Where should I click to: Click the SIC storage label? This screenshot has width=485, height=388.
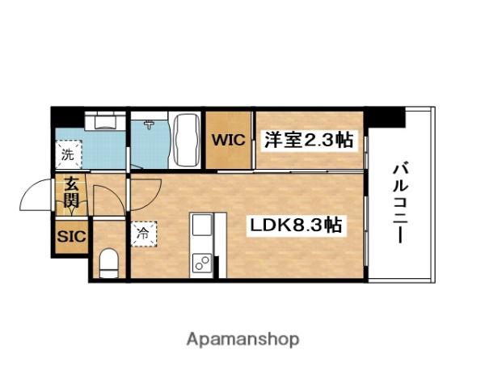[68, 238]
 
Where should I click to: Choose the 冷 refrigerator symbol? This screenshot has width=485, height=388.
[142, 232]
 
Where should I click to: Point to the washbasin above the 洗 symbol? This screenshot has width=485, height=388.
[104, 122]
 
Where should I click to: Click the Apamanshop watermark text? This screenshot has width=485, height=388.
[243, 339]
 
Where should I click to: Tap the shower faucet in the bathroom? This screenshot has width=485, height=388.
[150, 124]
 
